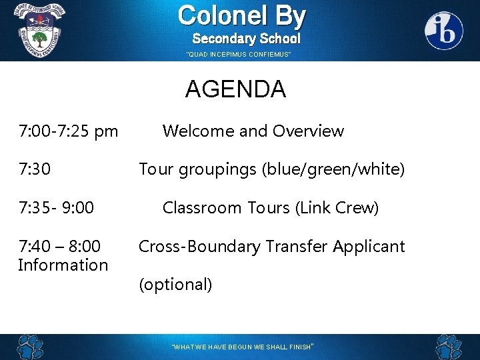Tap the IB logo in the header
click(x=444, y=31)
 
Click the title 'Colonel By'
click(x=241, y=15)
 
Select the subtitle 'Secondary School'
click(x=246, y=39)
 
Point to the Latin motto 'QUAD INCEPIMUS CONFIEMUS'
click(x=239, y=55)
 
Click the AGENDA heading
click(x=235, y=89)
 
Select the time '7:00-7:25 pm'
click(x=68, y=131)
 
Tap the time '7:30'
click(x=35, y=170)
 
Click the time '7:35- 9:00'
click(x=56, y=208)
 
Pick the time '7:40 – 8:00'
click(x=59, y=247)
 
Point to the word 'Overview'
click(x=307, y=131)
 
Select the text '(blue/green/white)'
click(x=333, y=170)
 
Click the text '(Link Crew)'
click(x=337, y=208)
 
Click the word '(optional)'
click(x=175, y=285)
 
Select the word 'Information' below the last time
click(x=63, y=265)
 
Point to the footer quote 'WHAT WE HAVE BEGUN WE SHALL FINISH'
click(x=242, y=347)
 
